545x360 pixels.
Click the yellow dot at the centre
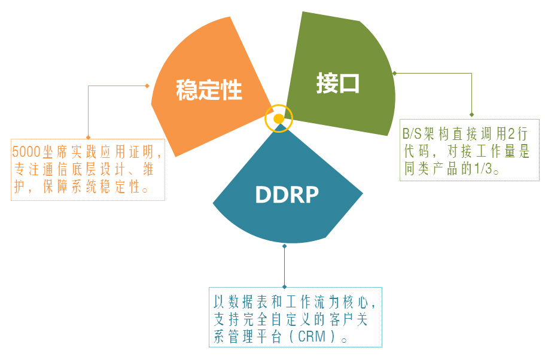(x=278, y=118)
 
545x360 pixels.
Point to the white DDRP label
(x=287, y=194)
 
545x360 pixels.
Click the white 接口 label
(x=338, y=84)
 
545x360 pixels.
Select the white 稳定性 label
(x=209, y=90)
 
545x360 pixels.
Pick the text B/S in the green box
(x=412, y=133)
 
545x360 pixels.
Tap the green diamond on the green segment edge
(x=394, y=73)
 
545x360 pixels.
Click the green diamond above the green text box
(x=472, y=114)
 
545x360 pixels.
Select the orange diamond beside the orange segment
(x=147, y=86)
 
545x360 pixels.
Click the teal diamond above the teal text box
(x=285, y=287)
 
